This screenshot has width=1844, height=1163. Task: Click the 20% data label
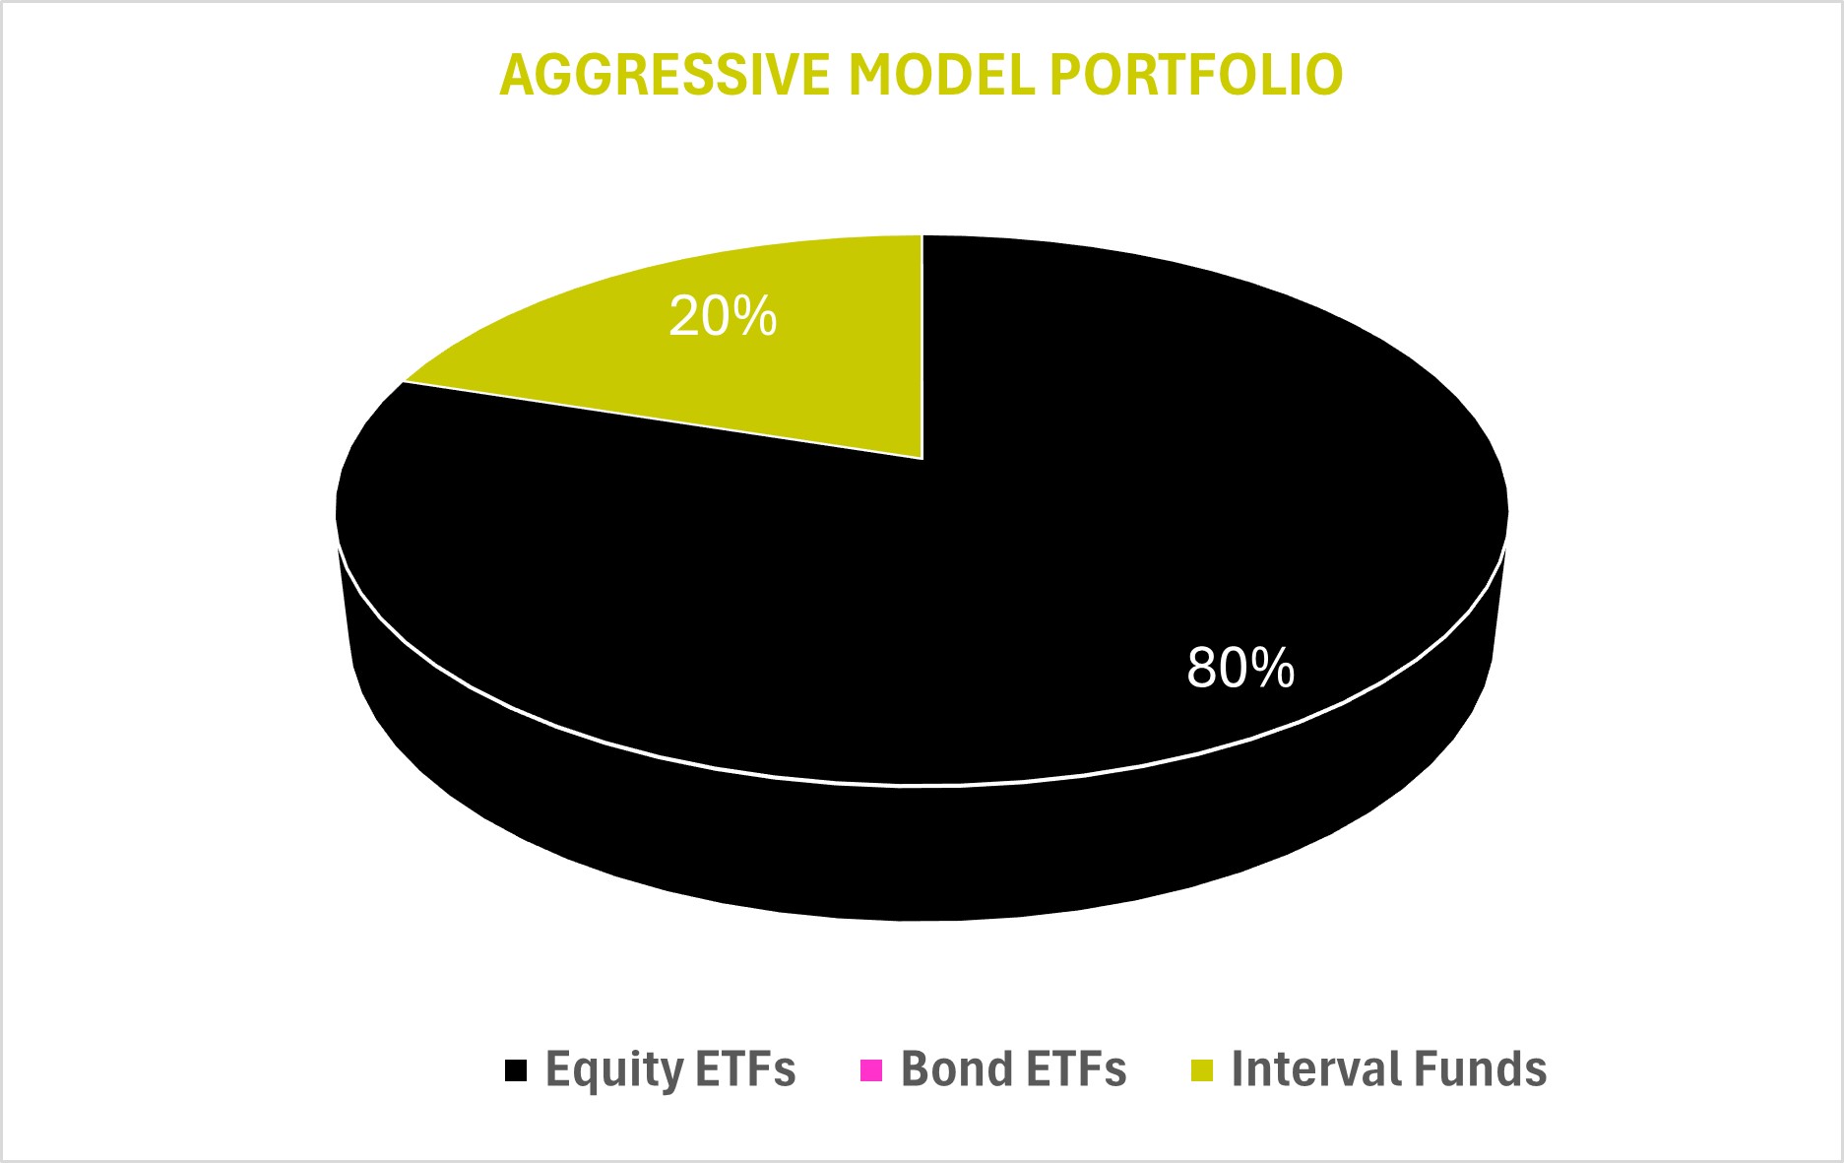click(723, 317)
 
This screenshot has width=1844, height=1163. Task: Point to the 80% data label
click(1240, 668)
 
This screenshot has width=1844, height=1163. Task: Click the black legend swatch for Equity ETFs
click(516, 1070)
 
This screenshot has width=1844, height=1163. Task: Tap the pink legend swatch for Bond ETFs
click(871, 1070)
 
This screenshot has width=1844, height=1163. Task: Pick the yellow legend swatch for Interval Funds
click(1202, 1070)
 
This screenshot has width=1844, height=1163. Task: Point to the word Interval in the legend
click(1300, 1069)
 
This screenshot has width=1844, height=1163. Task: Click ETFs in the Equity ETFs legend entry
click(732, 1069)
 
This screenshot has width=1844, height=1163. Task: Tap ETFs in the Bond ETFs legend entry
click(1065, 1069)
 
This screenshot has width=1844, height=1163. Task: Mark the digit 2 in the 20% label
click(682, 317)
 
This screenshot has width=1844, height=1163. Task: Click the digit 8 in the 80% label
click(1201, 668)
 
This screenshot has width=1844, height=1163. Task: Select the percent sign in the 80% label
click(1272, 668)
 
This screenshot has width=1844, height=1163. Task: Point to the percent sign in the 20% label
click(754, 317)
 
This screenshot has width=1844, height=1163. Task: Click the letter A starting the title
click(517, 75)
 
